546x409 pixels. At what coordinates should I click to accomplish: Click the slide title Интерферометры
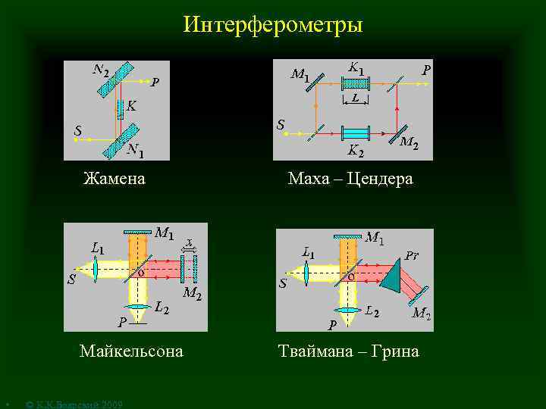point(273,25)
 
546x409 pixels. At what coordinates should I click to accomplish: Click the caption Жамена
point(114,180)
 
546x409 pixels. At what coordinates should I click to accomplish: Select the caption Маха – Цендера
point(350,180)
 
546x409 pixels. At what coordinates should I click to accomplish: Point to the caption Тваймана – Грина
point(348,351)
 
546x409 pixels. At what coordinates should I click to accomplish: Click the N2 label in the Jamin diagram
point(100,71)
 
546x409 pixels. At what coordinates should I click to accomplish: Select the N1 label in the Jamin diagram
point(136,150)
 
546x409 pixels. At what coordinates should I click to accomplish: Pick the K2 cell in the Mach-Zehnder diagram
point(356,132)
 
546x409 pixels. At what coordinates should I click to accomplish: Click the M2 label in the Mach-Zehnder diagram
point(409,142)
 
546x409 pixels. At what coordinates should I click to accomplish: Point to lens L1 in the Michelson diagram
point(97,268)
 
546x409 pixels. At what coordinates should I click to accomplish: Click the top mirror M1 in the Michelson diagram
point(137,232)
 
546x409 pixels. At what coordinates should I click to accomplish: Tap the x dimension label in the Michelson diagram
point(189,242)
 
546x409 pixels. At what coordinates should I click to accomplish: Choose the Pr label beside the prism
point(410,255)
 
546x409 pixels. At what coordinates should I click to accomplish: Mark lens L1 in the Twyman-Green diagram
point(306,273)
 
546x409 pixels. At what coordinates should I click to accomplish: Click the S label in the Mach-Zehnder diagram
point(281,123)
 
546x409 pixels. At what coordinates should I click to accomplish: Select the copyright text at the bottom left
point(74,404)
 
